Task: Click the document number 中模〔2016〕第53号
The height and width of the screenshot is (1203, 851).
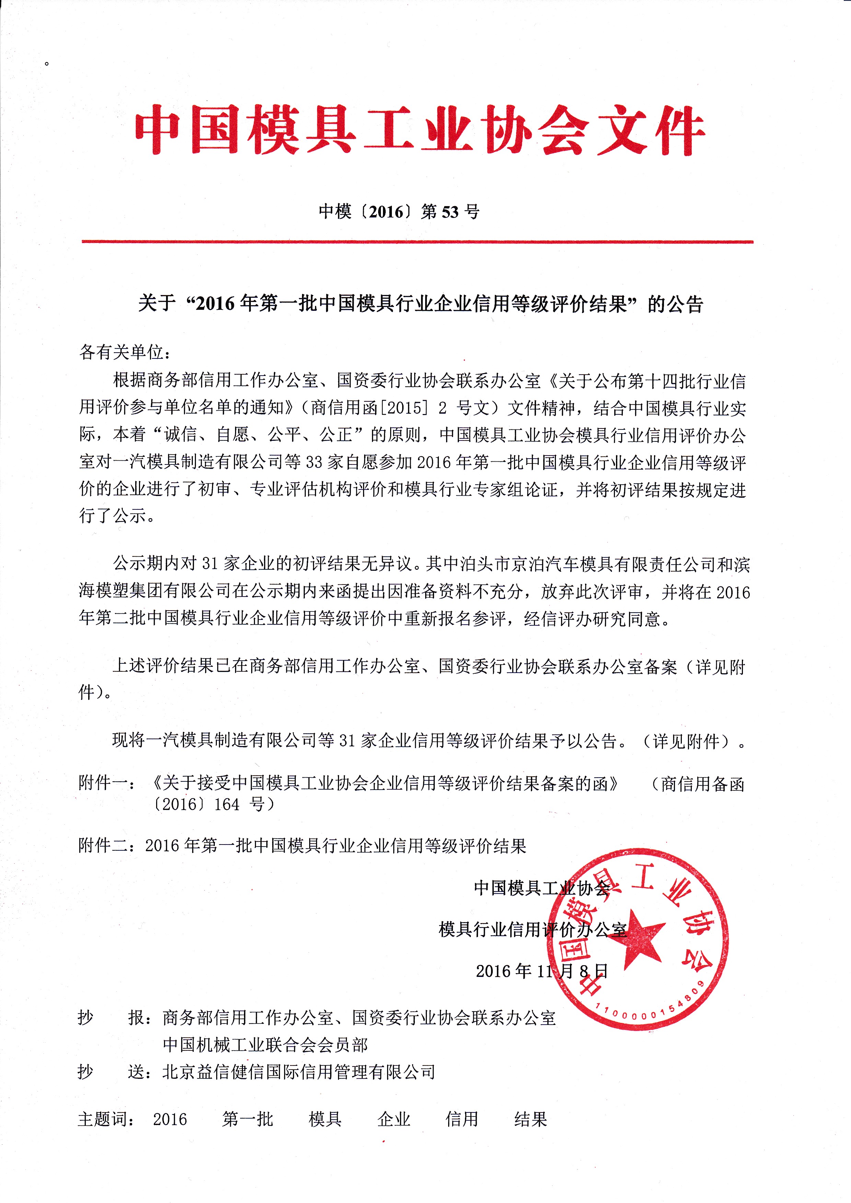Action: pos(399,212)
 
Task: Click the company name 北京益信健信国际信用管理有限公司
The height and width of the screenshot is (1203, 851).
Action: pos(299,1072)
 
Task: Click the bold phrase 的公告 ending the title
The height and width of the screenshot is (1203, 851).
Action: pos(675,304)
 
